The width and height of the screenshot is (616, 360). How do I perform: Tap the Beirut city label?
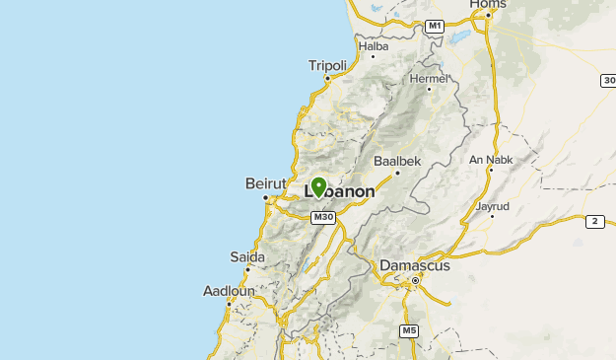(264, 183)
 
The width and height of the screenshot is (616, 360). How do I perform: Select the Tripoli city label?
(327, 66)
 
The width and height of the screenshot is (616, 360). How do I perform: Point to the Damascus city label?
(415, 265)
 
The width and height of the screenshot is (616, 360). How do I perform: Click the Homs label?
(487, 5)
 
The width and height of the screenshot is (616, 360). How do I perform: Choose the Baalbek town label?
(397, 160)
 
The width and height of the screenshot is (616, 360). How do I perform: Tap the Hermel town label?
(428, 78)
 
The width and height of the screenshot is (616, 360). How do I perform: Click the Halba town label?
(374, 45)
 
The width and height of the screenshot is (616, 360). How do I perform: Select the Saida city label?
(247, 257)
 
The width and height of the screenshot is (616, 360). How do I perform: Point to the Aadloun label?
(229, 291)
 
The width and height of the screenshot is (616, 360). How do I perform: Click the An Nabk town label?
(490, 160)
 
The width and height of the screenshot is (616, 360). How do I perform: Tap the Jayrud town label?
(492, 206)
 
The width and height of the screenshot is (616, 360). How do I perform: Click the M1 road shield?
(436, 25)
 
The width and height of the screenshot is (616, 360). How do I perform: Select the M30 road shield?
(321, 217)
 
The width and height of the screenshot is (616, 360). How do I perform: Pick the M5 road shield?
(409, 330)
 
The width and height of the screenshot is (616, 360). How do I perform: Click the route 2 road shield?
(594, 222)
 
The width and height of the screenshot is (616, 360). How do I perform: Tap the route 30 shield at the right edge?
(608, 80)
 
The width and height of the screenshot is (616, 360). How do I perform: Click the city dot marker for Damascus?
(416, 281)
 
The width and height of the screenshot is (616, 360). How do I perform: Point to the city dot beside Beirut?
(265, 198)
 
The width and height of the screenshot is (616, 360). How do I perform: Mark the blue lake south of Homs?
(459, 38)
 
